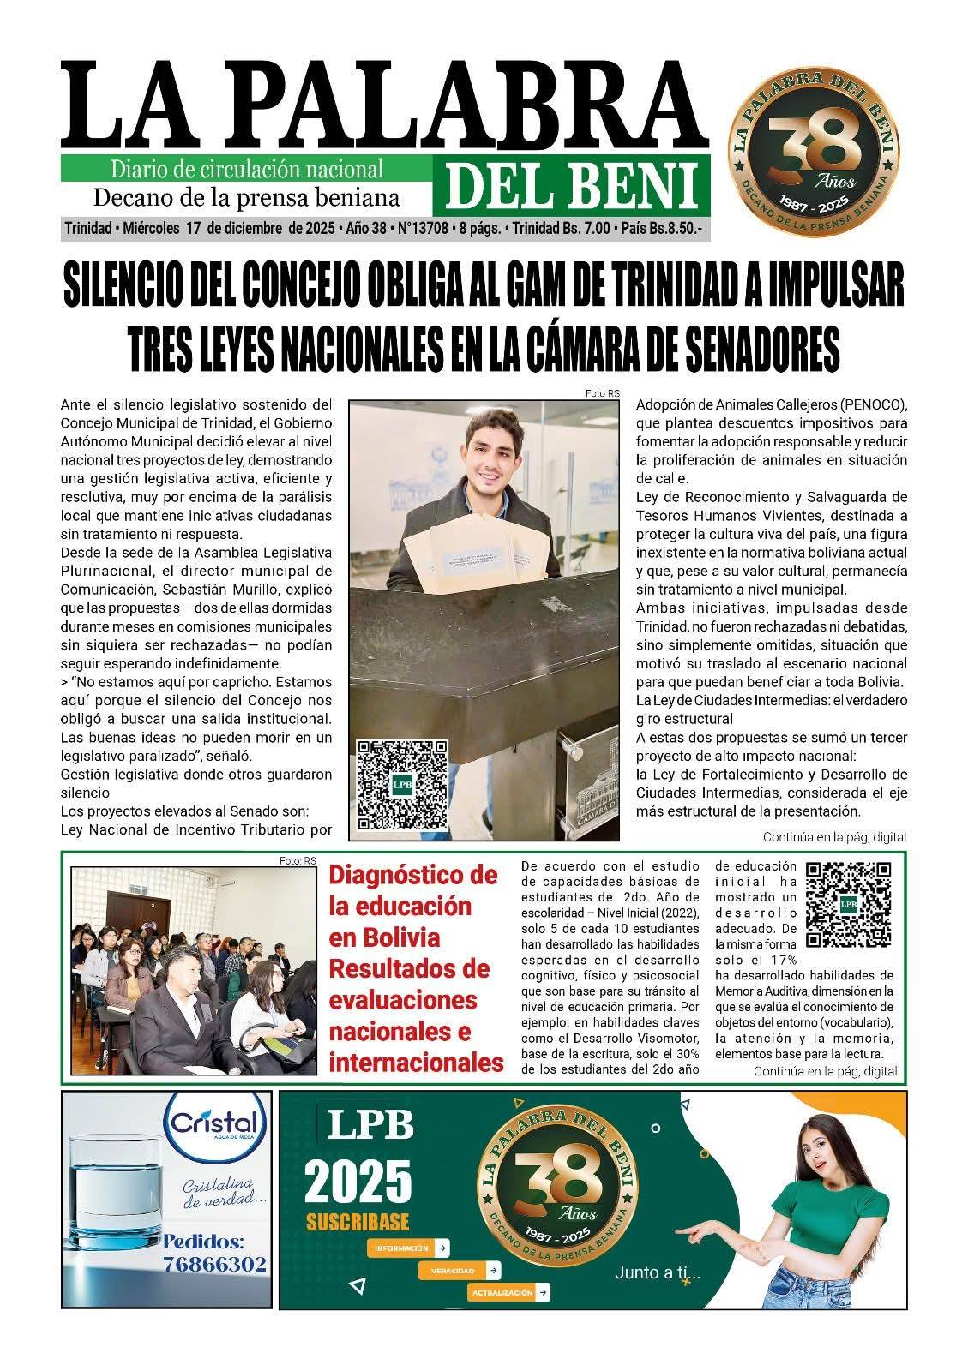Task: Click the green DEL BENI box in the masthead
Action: pos(576,186)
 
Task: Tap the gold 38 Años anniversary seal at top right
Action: pos(813,144)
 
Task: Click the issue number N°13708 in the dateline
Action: pos(423,230)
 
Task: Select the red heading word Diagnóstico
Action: pos(413,875)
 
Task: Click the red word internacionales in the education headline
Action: pos(416,1063)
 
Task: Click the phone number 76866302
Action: pos(214,1265)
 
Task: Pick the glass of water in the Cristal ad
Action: pos(114,1191)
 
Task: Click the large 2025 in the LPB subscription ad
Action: pos(358,1182)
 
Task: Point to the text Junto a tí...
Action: pos(657,1273)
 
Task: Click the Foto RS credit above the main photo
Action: pos(601,394)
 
